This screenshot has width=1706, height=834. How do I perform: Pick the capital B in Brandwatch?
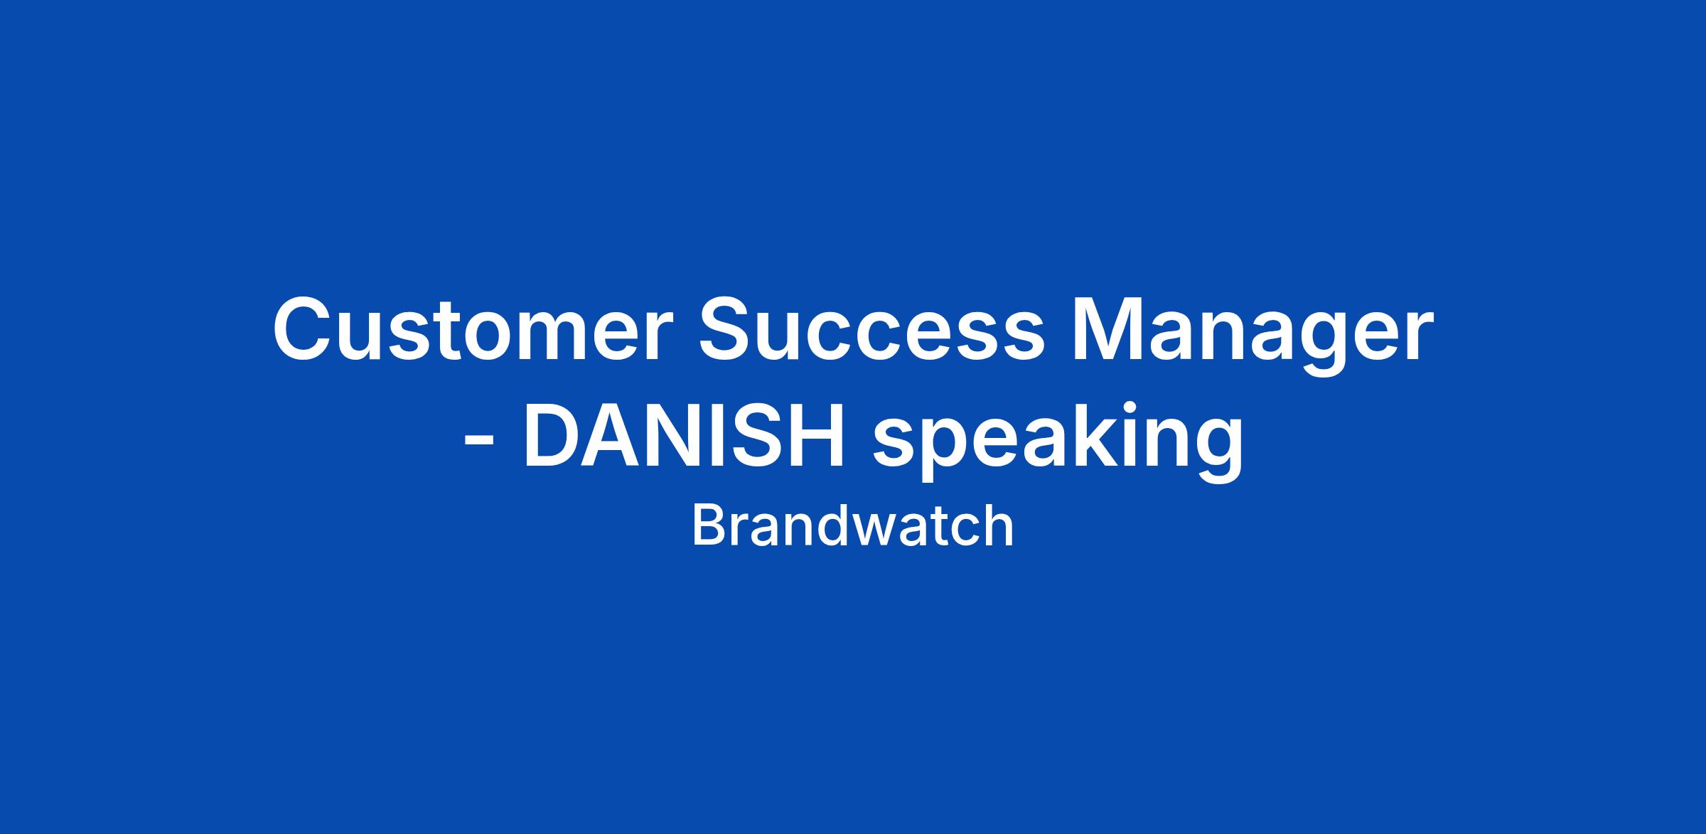pos(708,526)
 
